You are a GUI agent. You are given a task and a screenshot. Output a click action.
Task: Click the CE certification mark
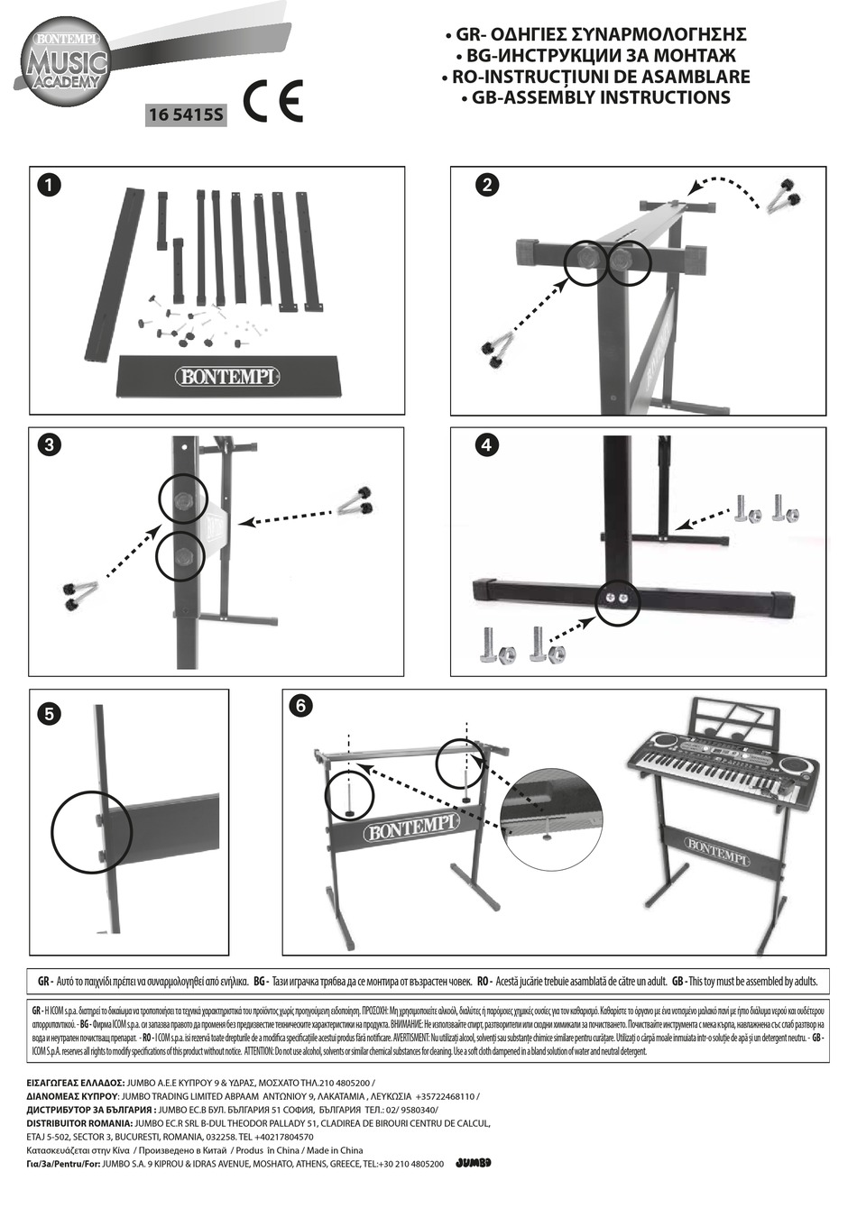(273, 102)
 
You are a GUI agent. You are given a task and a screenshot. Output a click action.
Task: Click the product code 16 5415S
(186, 114)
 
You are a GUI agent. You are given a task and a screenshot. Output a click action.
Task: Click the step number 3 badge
(50, 444)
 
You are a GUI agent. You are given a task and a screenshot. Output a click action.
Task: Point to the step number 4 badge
(486, 444)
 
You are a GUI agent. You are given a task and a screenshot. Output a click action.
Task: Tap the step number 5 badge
(50, 714)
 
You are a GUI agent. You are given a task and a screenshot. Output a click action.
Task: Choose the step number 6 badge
(299, 706)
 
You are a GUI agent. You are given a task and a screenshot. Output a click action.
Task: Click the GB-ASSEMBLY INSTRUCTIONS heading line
(601, 97)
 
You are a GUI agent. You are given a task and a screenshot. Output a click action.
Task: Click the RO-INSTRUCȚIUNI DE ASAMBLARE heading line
(595, 77)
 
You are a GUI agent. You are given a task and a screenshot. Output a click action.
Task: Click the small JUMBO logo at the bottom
(474, 1163)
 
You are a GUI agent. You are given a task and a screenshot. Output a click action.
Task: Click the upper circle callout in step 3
(183, 499)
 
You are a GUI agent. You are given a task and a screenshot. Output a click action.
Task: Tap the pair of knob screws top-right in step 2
(782, 197)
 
